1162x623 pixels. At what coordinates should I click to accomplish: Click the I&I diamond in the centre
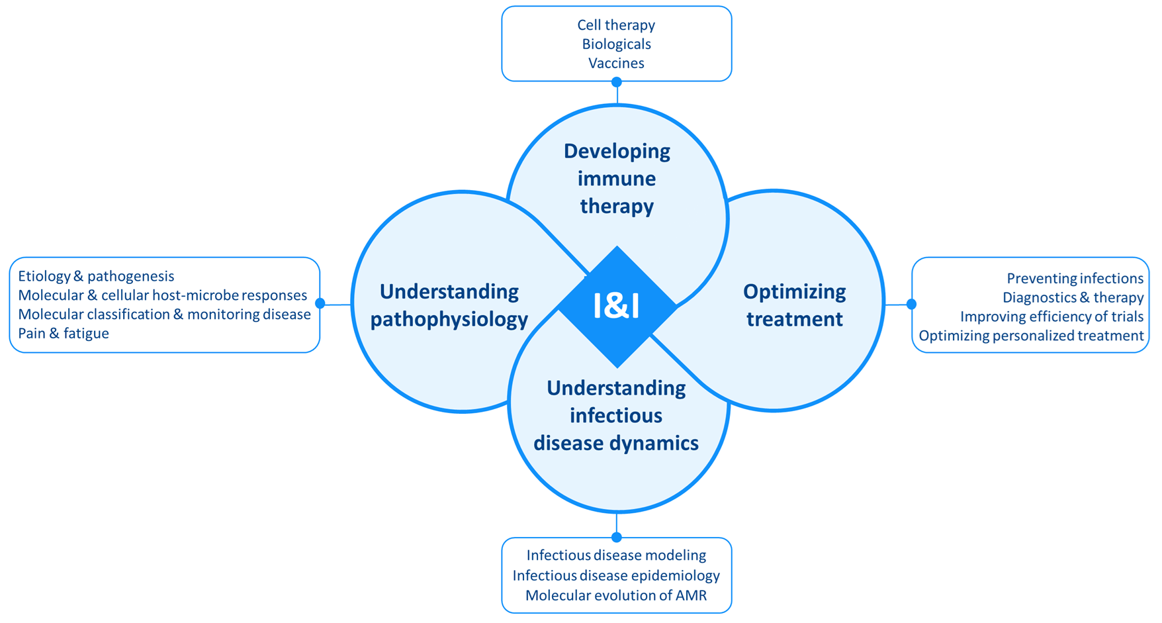[617, 307]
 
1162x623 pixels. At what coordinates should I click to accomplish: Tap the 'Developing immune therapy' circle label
[617, 178]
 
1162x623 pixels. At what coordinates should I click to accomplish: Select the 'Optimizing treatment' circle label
[794, 305]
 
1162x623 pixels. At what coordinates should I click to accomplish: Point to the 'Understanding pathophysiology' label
[449, 305]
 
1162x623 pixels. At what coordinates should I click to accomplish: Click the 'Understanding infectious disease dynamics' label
[616, 415]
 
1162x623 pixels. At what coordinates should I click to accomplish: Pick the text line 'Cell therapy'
[616, 25]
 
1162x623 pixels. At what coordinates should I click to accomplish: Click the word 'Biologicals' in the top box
[616, 44]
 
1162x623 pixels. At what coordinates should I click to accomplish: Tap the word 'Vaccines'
[616, 64]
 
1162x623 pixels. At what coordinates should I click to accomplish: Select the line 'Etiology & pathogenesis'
[96, 277]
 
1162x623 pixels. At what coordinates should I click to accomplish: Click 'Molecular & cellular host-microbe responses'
[162, 295]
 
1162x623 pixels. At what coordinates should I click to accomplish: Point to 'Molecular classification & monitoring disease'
[164, 314]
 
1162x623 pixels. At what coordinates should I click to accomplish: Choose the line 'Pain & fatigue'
[64, 334]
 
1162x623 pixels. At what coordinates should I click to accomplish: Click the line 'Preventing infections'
[1075, 279]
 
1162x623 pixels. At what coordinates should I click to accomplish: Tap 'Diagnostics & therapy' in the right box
[1073, 298]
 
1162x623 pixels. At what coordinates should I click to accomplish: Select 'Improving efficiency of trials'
[1052, 317]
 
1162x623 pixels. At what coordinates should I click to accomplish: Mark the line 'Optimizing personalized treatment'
[1031, 336]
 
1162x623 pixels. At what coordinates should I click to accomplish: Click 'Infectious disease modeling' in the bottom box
[616, 555]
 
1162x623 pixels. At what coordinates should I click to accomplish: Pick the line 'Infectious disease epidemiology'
[616, 575]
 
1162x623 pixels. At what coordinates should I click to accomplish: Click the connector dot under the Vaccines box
[617, 82]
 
